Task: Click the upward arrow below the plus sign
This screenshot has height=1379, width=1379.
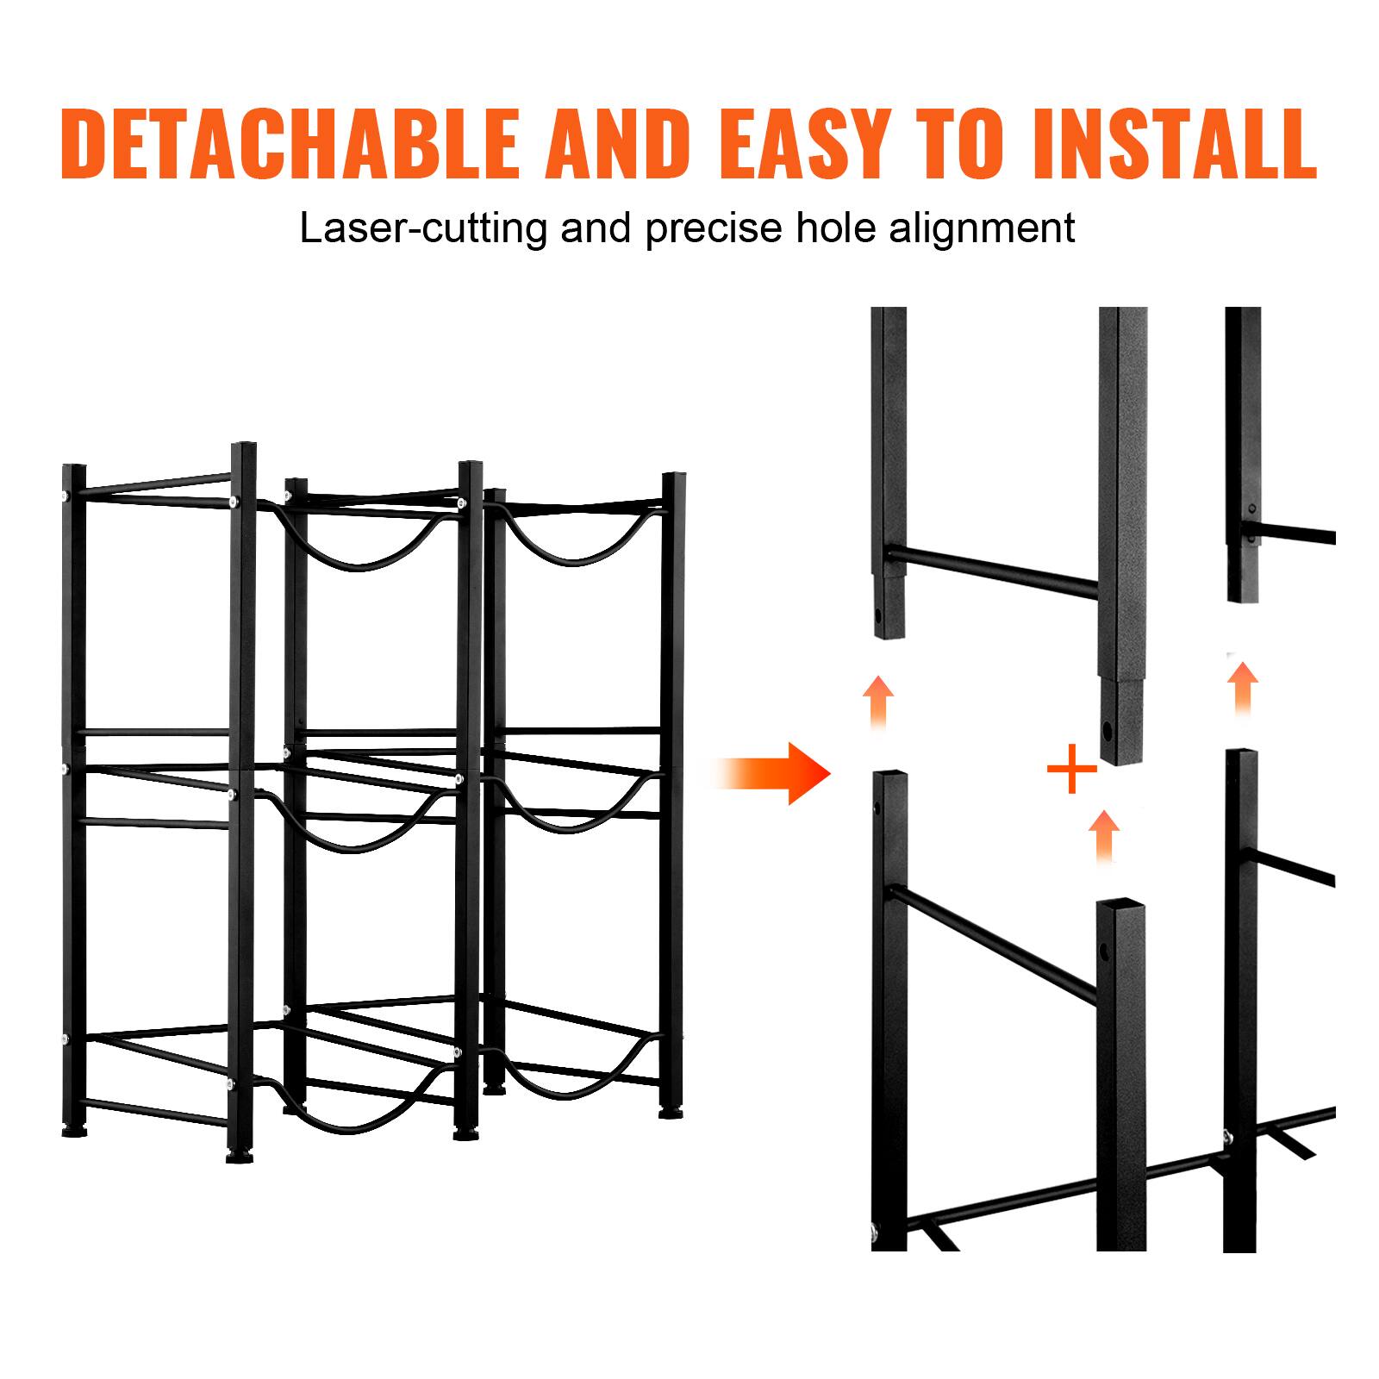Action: click(x=1104, y=836)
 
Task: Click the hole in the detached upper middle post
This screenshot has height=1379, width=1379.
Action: click(x=1107, y=733)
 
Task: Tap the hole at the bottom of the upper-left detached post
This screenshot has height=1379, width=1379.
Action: click(x=877, y=616)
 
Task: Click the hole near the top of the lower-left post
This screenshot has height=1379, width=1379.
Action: click(x=877, y=809)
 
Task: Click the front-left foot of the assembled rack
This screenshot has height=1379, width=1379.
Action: click(x=234, y=1155)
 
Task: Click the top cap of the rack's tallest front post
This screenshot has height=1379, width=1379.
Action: click(x=244, y=446)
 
